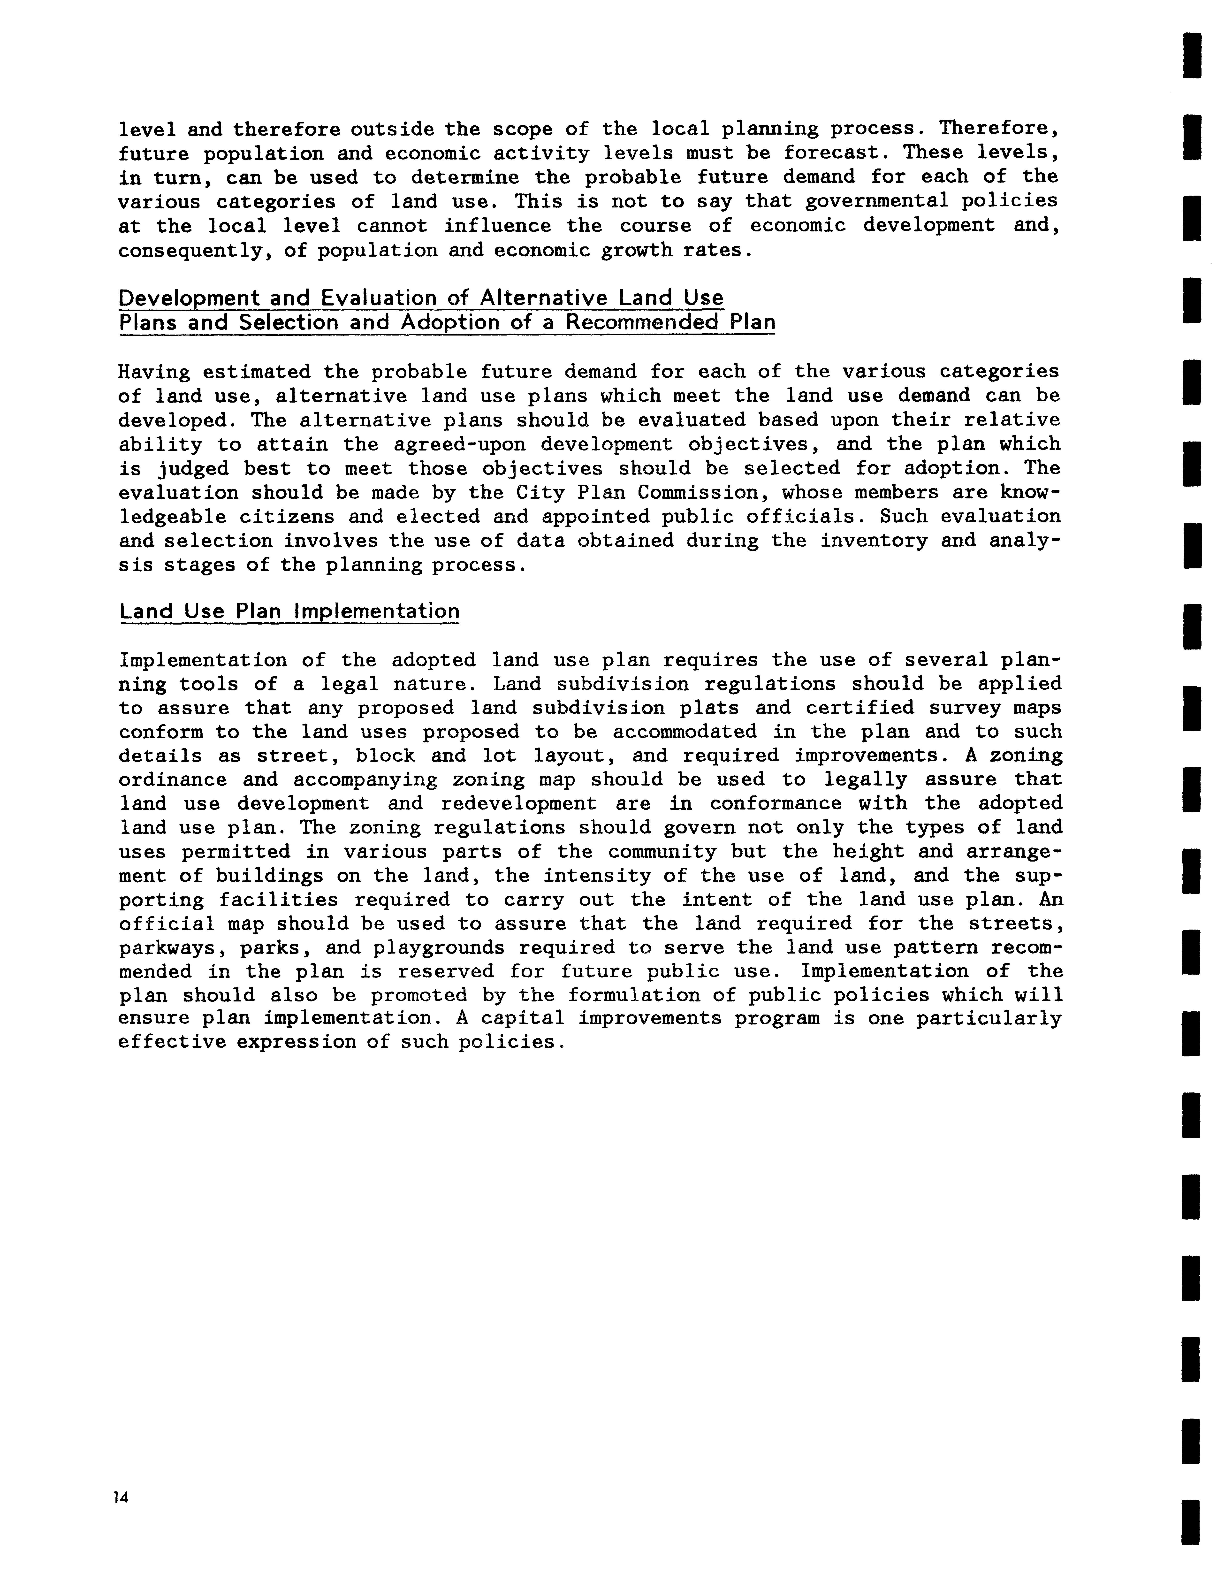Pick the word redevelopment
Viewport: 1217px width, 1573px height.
point(518,804)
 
